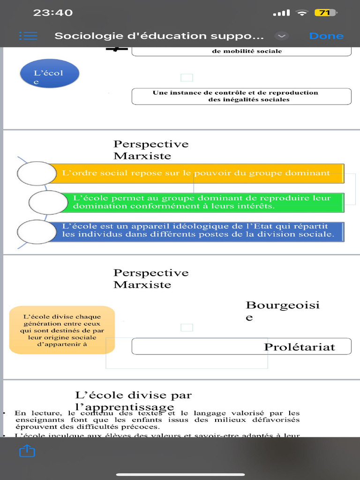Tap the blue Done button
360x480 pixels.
[326, 36]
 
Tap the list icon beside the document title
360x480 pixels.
[28, 36]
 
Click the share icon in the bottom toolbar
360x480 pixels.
[27, 451]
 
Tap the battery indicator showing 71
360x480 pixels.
[325, 13]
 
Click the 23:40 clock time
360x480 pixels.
[53, 13]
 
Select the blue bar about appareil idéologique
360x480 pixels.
[202, 230]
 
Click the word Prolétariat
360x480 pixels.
[300, 347]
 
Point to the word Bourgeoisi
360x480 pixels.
[283, 306]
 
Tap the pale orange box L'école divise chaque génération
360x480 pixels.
[62, 330]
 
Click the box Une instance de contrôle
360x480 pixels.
[241, 96]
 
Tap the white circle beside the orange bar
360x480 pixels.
[37, 173]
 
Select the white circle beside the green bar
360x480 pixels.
[48, 202]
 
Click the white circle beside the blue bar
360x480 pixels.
[37, 232]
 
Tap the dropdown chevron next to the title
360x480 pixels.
[281, 36]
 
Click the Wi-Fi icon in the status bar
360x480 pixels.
[302, 13]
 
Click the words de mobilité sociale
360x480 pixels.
[247, 51]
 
